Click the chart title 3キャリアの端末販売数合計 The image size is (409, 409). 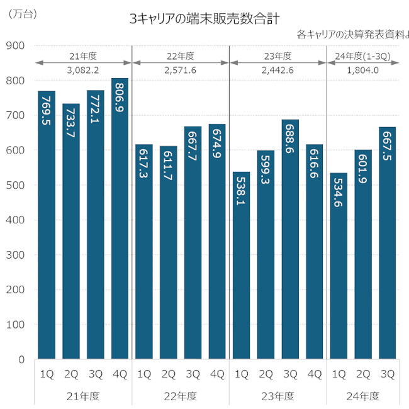tap(204, 19)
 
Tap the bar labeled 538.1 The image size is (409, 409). tap(242, 265)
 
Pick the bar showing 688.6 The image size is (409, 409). tap(290, 239)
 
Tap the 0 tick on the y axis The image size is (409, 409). tap(21, 360)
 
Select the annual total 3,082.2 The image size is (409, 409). tap(83, 70)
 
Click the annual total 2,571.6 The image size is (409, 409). tap(181, 70)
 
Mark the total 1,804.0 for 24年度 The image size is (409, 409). tap(362, 70)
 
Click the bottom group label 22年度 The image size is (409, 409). tap(181, 396)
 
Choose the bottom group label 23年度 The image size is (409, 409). tap(278, 396)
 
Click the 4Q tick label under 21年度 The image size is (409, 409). tap(120, 374)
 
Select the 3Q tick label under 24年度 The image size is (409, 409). tap(387, 374)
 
